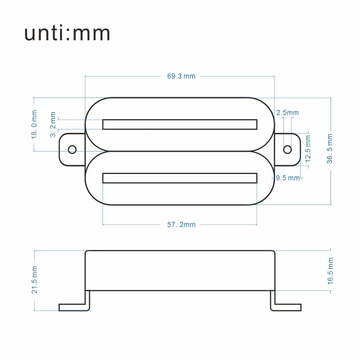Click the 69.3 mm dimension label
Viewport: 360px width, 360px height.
coord(181,76)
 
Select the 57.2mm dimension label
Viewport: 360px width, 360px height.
coord(181,225)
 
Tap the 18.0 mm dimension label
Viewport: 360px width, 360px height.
coord(34,124)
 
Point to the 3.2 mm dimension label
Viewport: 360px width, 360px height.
coord(53,124)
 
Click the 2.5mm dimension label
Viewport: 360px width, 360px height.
coord(287,113)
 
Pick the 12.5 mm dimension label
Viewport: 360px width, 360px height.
coord(308,149)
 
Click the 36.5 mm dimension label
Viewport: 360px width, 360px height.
coord(330,149)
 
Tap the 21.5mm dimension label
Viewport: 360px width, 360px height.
coord(34,280)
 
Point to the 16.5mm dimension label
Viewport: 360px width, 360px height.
coord(330,271)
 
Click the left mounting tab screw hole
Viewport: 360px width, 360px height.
coord(72,149)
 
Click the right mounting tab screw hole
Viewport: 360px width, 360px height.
coord(287,149)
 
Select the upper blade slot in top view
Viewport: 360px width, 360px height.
coord(180,124)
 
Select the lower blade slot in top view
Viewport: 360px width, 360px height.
coord(180,178)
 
